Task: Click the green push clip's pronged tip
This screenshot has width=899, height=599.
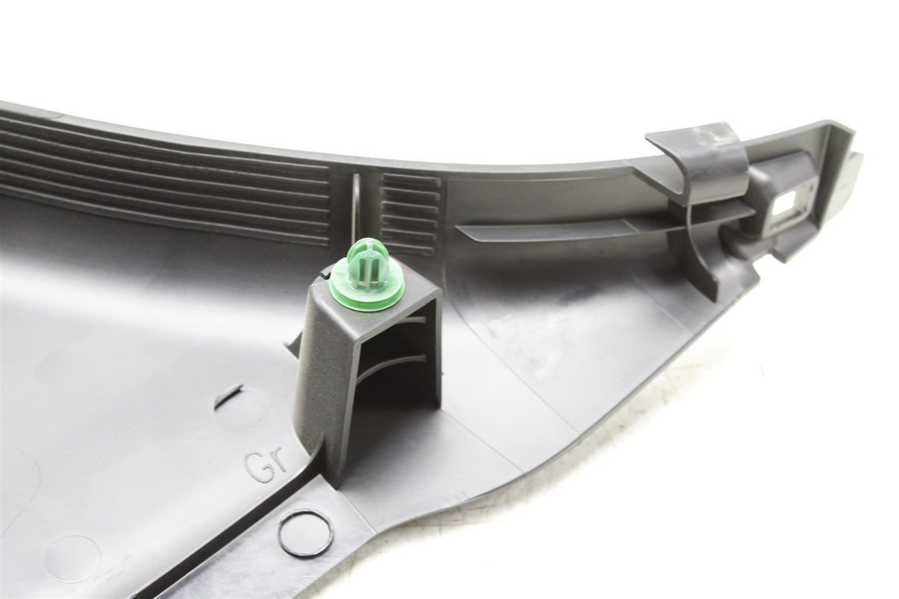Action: (x=367, y=261)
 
